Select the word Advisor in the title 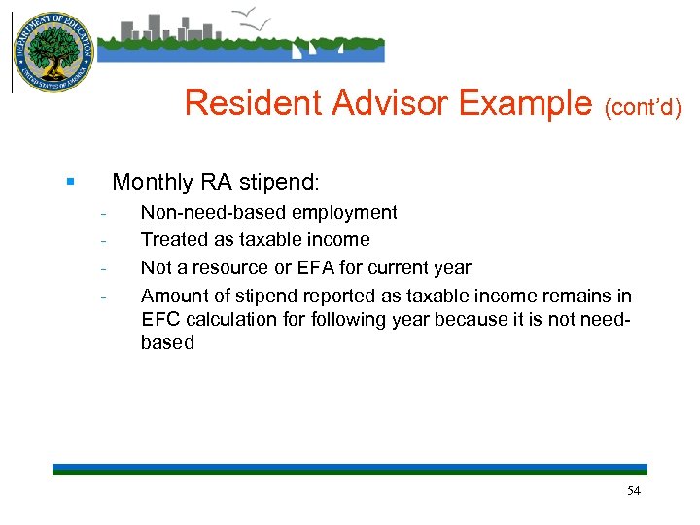pyautogui.click(x=372, y=103)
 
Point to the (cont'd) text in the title pyautogui.click(x=643, y=106)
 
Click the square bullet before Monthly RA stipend pyautogui.click(x=70, y=182)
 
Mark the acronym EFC pyautogui.click(x=161, y=319)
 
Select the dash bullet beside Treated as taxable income pyautogui.click(x=103, y=240)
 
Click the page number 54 pyautogui.click(x=633, y=491)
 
